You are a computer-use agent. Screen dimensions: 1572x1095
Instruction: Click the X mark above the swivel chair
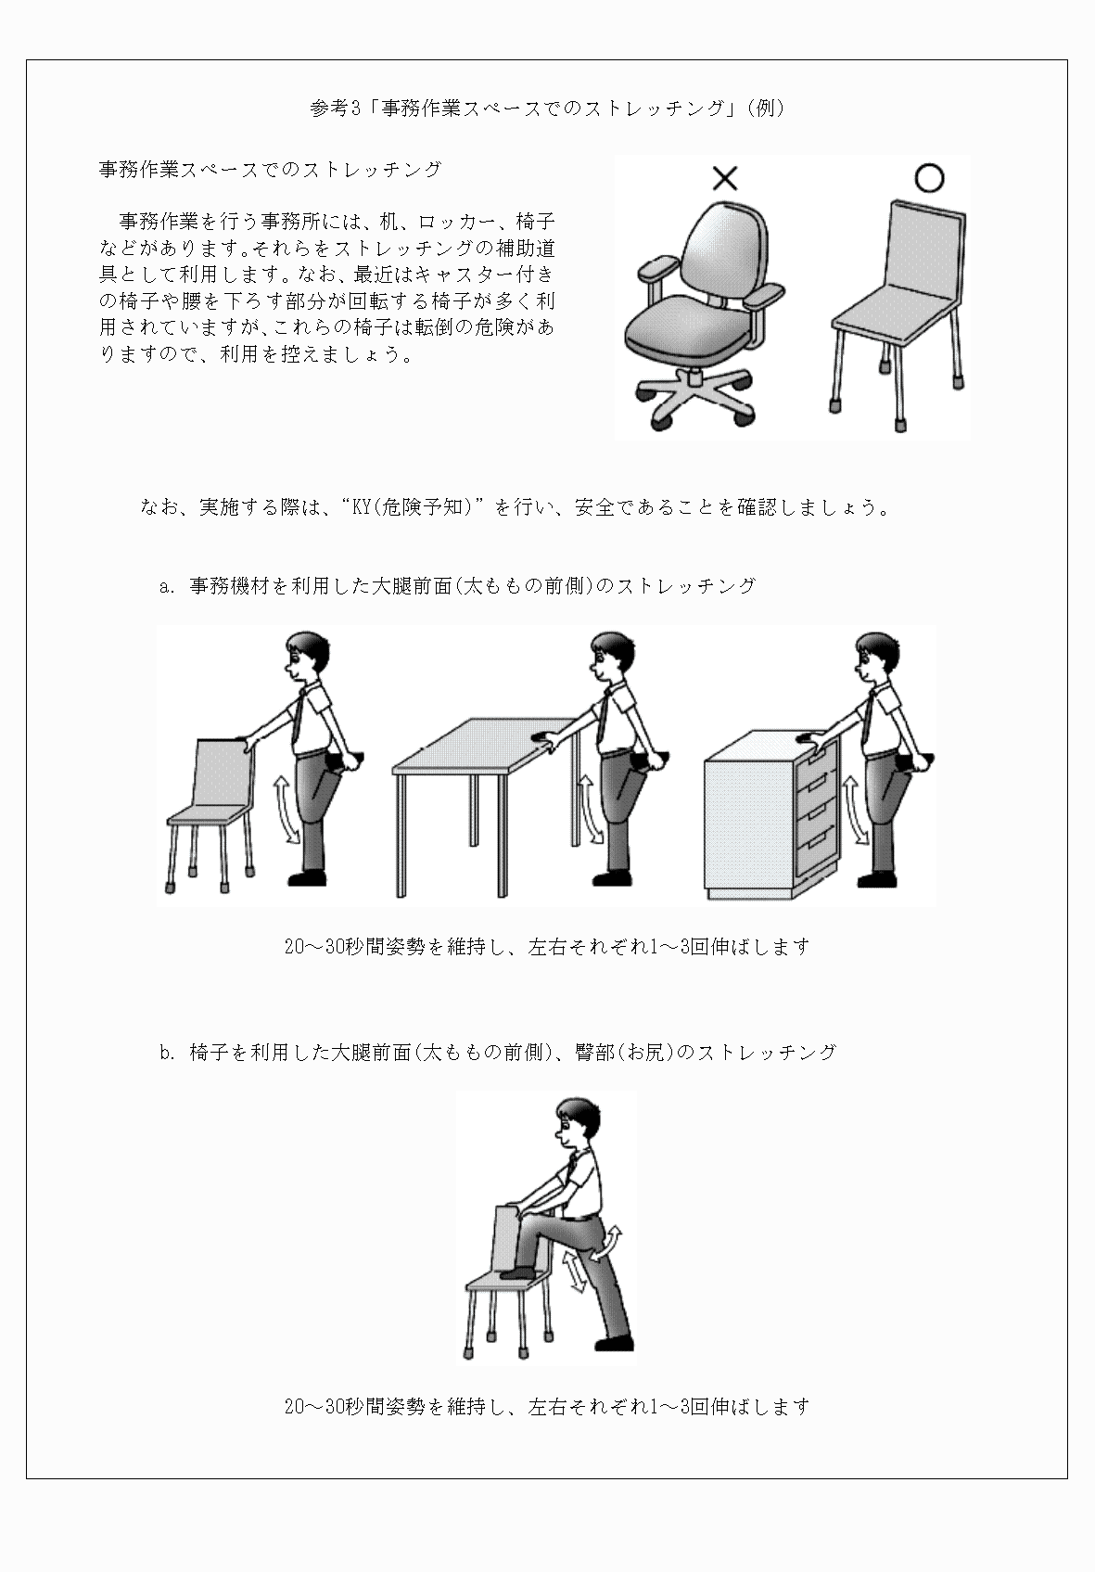pos(725,177)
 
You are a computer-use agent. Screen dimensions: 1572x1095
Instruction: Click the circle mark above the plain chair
pos(928,177)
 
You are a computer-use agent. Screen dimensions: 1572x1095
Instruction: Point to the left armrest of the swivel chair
pos(656,270)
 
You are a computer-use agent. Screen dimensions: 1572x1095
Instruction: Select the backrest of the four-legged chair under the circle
pos(922,245)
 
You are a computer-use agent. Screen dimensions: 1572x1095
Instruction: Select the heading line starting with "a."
pos(457,586)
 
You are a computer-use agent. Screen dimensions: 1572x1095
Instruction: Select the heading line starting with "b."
pos(497,1052)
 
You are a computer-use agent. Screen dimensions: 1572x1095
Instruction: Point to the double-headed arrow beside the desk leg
pos(589,810)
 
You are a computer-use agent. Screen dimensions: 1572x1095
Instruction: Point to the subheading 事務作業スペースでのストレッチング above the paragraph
pos(270,170)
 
